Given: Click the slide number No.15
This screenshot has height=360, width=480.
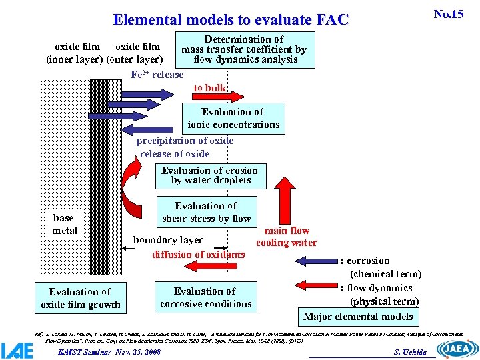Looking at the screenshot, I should point(448,14).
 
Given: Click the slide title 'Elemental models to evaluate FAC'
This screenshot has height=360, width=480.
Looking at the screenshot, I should point(231,20).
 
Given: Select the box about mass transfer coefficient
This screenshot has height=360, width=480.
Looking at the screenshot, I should point(244,50).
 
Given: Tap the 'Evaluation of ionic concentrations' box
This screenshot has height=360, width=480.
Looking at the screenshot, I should point(233,118).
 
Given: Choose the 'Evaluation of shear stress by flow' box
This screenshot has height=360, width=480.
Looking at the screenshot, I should point(206,212).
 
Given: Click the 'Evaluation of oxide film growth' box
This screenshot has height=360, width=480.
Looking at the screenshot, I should point(81,298).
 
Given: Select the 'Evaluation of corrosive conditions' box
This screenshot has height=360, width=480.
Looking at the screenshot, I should point(205,297).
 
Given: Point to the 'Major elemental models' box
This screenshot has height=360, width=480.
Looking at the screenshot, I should point(358,317).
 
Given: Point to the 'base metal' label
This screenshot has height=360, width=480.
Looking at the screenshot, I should point(64,224).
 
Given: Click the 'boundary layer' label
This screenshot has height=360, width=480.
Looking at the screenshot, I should point(168,240).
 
